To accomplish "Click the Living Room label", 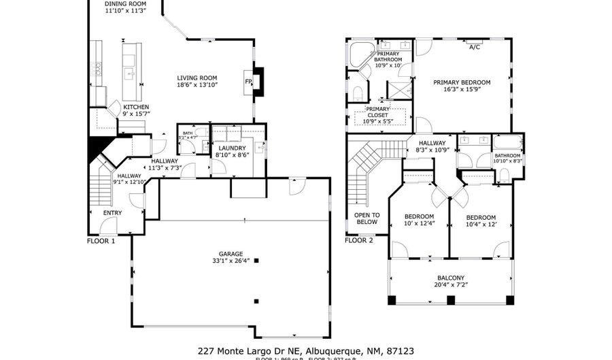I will [x=197, y=78].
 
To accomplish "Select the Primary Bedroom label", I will [x=462, y=82].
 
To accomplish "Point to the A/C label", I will [x=474, y=48].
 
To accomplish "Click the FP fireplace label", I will [x=249, y=82].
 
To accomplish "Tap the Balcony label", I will [x=451, y=278].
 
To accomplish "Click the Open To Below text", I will [x=367, y=218].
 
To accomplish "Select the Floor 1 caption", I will [x=101, y=240].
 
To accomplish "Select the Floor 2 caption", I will [x=359, y=240].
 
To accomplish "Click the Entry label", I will [x=113, y=213].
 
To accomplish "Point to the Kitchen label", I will [x=136, y=108].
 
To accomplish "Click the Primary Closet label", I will [x=377, y=112].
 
